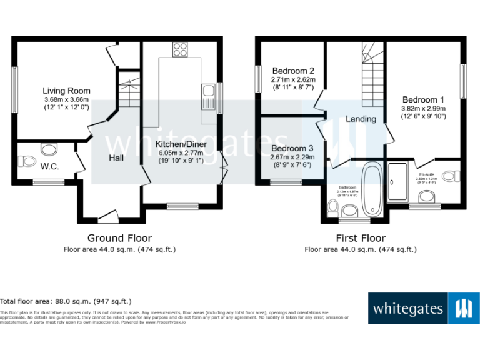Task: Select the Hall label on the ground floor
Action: [x=116, y=157]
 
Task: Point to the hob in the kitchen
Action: [x=181, y=49]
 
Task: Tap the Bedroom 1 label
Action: [x=423, y=99]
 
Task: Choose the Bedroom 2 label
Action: [x=292, y=71]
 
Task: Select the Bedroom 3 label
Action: [x=292, y=148]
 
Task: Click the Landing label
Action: [x=361, y=119]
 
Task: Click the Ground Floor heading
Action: [x=119, y=238]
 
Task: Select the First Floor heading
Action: [x=361, y=238]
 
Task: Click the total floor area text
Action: [x=66, y=301]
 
